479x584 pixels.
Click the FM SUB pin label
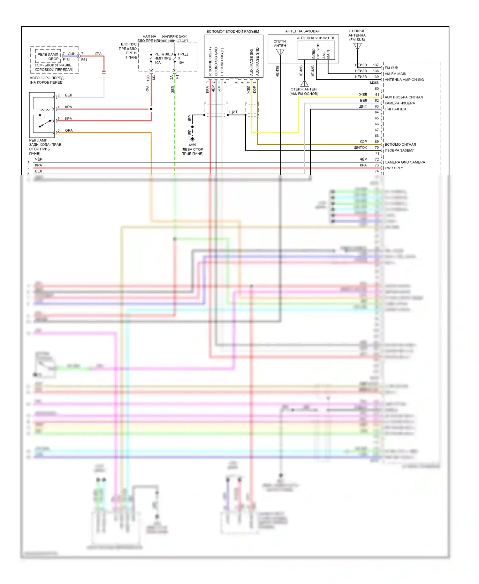point(391,68)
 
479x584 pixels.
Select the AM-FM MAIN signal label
point(395,74)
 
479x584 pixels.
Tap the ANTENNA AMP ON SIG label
point(404,80)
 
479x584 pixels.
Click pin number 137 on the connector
point(376,65)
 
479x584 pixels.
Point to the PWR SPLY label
point(393,168)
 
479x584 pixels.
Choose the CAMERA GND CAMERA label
point(405,162)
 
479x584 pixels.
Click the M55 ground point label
point(193,145)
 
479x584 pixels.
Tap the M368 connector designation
point(374,83)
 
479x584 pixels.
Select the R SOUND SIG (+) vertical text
point(210,62)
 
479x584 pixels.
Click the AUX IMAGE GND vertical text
point(257,62)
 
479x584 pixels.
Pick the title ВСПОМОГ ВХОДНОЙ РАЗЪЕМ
point(233,31)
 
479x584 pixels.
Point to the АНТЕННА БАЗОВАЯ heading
point(302,31)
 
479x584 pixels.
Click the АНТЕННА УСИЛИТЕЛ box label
point(316,38)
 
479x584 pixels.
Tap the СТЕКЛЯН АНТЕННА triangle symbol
point(358,46)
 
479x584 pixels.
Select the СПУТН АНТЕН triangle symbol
point(280,52)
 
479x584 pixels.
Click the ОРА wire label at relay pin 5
point(69,130)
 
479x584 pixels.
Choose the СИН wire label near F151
point(72,54)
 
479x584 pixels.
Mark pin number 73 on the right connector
point(377,165)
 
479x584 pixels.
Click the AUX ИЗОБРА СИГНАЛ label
point(404,97)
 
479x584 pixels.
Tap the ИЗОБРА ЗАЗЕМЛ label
point(399,150)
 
